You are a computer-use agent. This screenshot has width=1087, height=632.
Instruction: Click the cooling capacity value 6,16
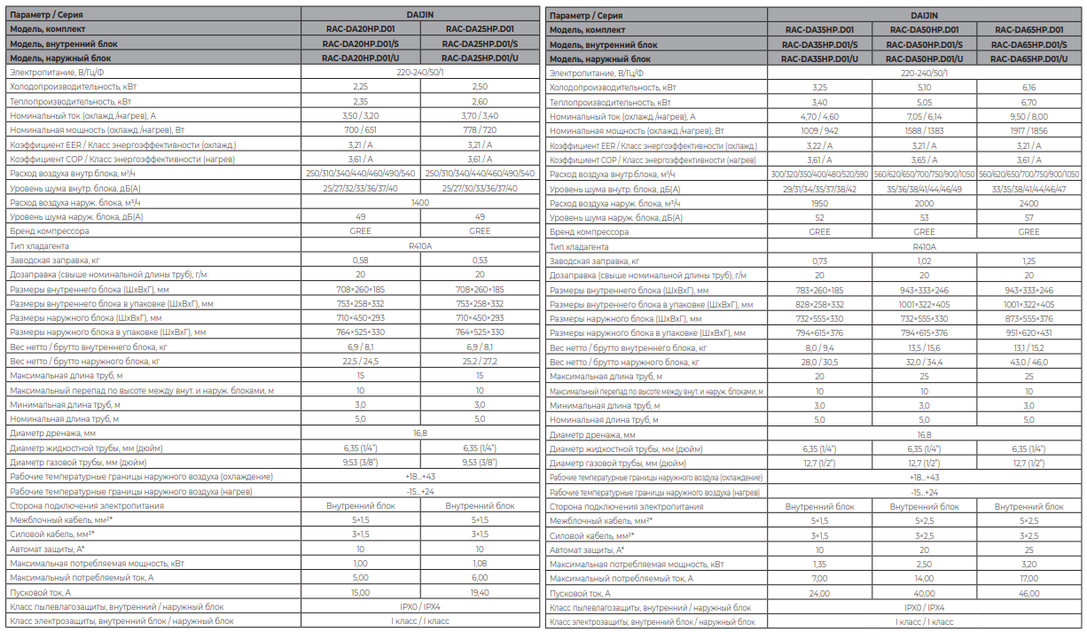[x=1028, y=88]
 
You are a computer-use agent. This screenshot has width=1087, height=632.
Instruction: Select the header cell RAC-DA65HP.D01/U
[x=1028, y=59]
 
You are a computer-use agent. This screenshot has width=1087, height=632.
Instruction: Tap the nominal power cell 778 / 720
[x=480, y=130]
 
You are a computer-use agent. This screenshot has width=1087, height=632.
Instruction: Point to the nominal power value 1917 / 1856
[x=1028, y=130]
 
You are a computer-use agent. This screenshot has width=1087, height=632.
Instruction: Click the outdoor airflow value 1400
[x=420, y=203]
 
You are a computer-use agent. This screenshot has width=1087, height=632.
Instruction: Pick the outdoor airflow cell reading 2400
[x=1028, y=203]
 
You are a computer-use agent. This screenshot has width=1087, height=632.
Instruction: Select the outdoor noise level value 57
[x=1028, y=217]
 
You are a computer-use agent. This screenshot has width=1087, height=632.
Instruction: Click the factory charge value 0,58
[x=360, y=261]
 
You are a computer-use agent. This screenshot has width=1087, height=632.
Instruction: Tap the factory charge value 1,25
[x=1028, y=261]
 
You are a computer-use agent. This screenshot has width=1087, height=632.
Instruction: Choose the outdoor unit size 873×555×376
[x=1028, y=319]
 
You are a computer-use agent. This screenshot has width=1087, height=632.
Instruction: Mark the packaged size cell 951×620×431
[x=1028, y=333]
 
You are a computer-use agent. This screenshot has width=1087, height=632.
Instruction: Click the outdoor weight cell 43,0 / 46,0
[x=1028, y=362]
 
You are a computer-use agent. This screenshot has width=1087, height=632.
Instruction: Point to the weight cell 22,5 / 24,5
[x=360, y=362]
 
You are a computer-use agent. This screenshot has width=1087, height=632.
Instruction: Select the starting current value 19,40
[x=480, y=592]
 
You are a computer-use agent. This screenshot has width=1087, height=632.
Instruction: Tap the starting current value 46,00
[x=1028, y=593]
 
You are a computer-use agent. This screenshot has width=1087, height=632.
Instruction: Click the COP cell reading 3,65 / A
[x=925, y=160]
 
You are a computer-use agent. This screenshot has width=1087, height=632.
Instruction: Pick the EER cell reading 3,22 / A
[x=819, y=145]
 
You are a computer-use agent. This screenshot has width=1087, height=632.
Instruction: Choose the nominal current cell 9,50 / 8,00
[x=1028, y=116]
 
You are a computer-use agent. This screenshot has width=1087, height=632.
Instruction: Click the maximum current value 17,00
[x=1028, y=579]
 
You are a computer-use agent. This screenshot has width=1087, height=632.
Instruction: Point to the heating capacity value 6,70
[x=1028, y=102]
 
